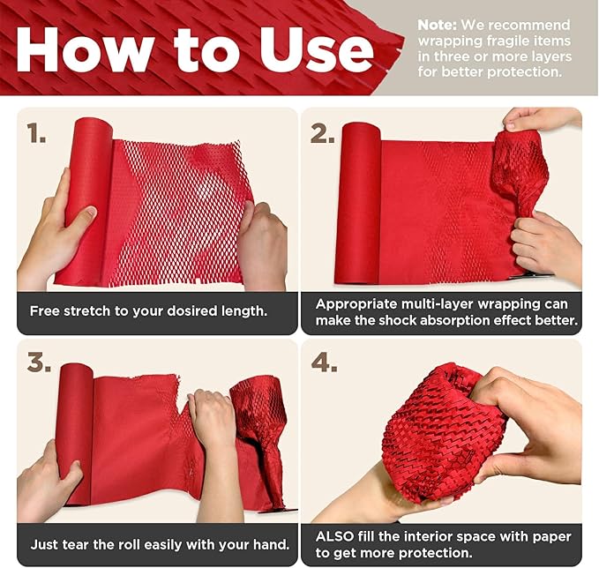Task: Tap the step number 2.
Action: [x=322, y=133]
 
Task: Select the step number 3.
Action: [x=37, y=362]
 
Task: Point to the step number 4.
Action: [x=323, y=362]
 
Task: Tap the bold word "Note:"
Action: [x=438, y=25]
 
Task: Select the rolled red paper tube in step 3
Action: [x=74, y=432]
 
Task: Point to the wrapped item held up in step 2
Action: [x=520, y=172]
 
